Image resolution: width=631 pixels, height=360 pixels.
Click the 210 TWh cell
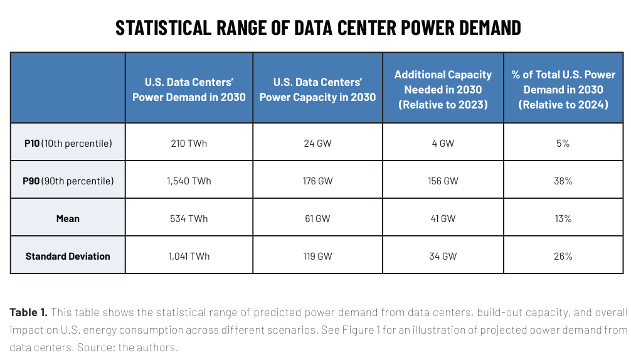[189, 144]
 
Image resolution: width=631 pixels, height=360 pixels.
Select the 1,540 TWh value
[189, 181]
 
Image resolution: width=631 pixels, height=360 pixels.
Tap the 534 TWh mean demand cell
[189, 219]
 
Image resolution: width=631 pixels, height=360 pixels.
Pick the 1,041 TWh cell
[189, 257]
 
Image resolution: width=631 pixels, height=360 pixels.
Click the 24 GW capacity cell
[317, 144]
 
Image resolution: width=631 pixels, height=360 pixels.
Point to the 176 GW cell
[317, 181]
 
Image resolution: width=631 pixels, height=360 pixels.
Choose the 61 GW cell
[317, 219]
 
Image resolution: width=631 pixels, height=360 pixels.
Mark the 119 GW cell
[317, 257]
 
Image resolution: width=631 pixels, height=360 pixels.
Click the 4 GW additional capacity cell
[443, 144]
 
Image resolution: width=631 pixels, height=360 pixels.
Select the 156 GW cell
[443, 181]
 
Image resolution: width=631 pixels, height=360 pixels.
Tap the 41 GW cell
[443, 219]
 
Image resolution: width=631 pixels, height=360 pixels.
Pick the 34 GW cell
[443, 257]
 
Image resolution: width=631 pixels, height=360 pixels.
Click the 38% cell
[563, 181]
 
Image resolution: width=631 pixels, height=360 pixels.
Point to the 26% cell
[563, 257]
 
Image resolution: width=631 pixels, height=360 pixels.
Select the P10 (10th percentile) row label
[68, 144]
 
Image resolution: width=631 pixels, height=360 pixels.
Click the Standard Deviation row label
[68, 257]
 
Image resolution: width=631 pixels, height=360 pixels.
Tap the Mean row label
[68, 219]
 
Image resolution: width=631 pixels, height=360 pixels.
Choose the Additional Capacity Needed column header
[443, 90]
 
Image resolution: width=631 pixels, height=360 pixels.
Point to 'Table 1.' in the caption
[29, 312]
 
